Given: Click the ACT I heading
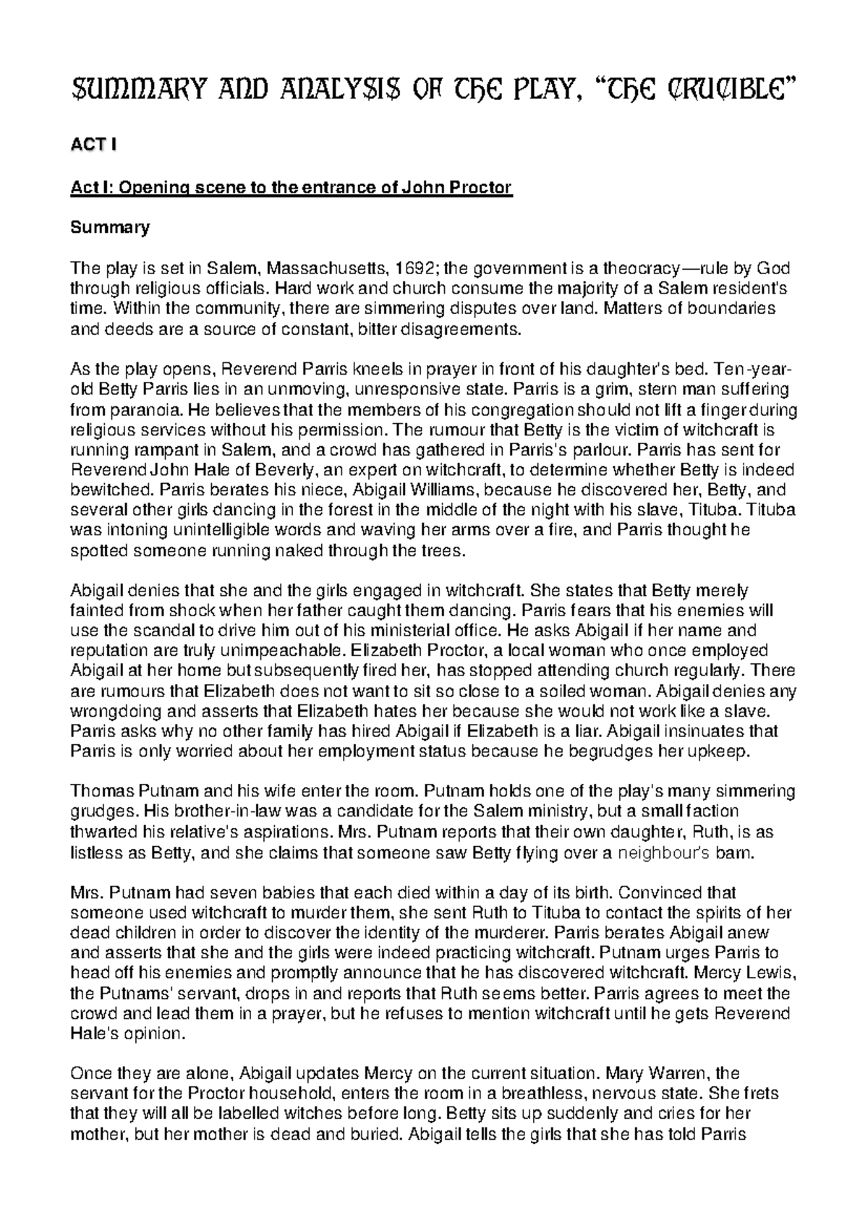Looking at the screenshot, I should (92, 145).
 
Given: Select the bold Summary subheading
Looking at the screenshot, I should (109, 228).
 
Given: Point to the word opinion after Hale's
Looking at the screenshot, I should (154, 1033).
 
